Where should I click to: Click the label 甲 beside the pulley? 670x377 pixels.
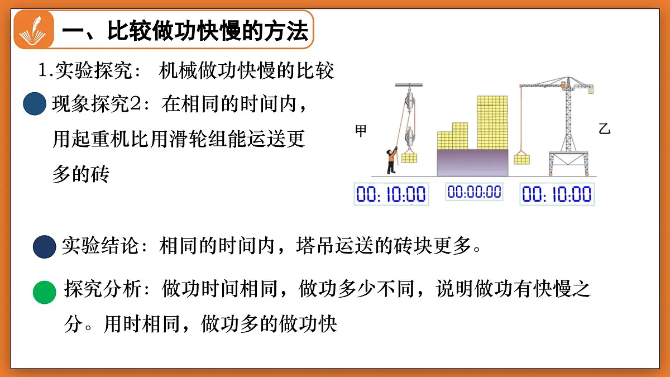[361, 131]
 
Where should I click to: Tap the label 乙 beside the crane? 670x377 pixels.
[604, 130]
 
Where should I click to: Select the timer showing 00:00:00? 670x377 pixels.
[474, 192]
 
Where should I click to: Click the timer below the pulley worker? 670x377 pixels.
[391, 194]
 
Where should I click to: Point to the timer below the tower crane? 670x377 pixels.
[556, 194]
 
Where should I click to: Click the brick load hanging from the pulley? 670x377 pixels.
[409, 157]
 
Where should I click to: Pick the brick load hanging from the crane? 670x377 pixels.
[521, 159]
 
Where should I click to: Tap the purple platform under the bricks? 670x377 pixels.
[472, 163]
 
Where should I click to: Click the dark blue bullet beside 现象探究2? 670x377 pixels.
[35, 104]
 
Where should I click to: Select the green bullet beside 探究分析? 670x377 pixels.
[45, 292]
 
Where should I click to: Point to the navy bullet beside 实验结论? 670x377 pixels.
[44, 247]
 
